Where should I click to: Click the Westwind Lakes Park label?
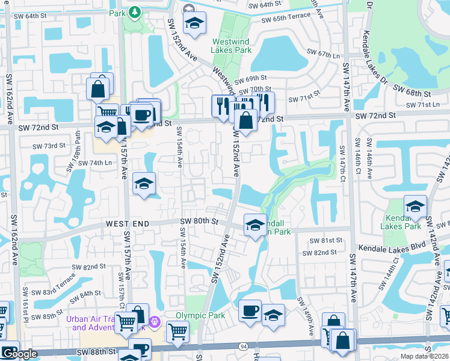[x=232, y=46]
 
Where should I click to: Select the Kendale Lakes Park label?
[x=400, y=221]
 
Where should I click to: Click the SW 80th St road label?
[x=198, y=221]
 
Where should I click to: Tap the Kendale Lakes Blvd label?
[x=392, y=247]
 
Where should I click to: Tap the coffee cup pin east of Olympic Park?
[x=250, y=310]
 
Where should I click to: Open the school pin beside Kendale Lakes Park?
[x=415, y=206]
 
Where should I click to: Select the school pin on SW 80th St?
[x=255, y=225]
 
